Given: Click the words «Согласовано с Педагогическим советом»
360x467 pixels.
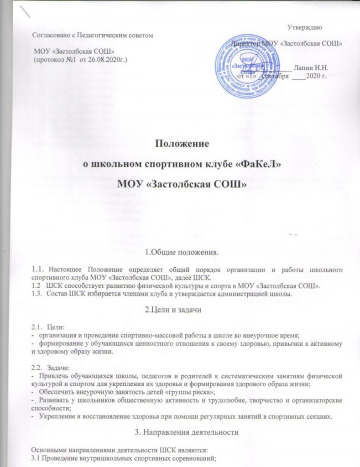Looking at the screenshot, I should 91,35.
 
